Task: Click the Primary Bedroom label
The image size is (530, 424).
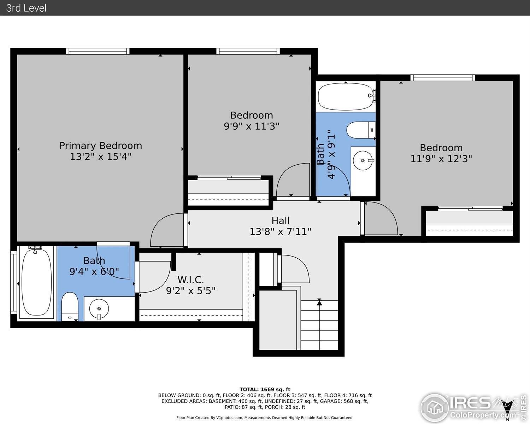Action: click(x=101, y=146)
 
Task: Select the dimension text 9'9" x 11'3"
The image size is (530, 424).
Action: click(x=251, y=126)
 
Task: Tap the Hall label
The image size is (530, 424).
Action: click(x=281, y=220)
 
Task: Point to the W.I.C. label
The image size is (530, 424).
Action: click(x=191, y=280)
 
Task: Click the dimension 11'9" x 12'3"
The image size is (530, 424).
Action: click(x=441, y=159)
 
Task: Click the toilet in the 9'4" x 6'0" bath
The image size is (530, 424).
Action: click(x=70, y=306)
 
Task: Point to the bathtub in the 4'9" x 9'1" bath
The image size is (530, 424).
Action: click(x=346, y=96)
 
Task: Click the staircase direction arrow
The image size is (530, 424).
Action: click(x=319, y=302)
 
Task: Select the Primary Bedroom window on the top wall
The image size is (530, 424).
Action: click(x=98, y=51)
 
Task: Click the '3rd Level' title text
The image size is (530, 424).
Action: click(x=26, y=8)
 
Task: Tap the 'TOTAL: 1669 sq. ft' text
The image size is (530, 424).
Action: click(x=265, y=389)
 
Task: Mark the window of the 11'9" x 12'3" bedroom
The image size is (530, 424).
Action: click(x=442, y=78)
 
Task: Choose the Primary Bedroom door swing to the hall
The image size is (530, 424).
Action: click(x=167, y=231)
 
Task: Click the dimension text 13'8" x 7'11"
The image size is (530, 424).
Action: click(x=280, y=232)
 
